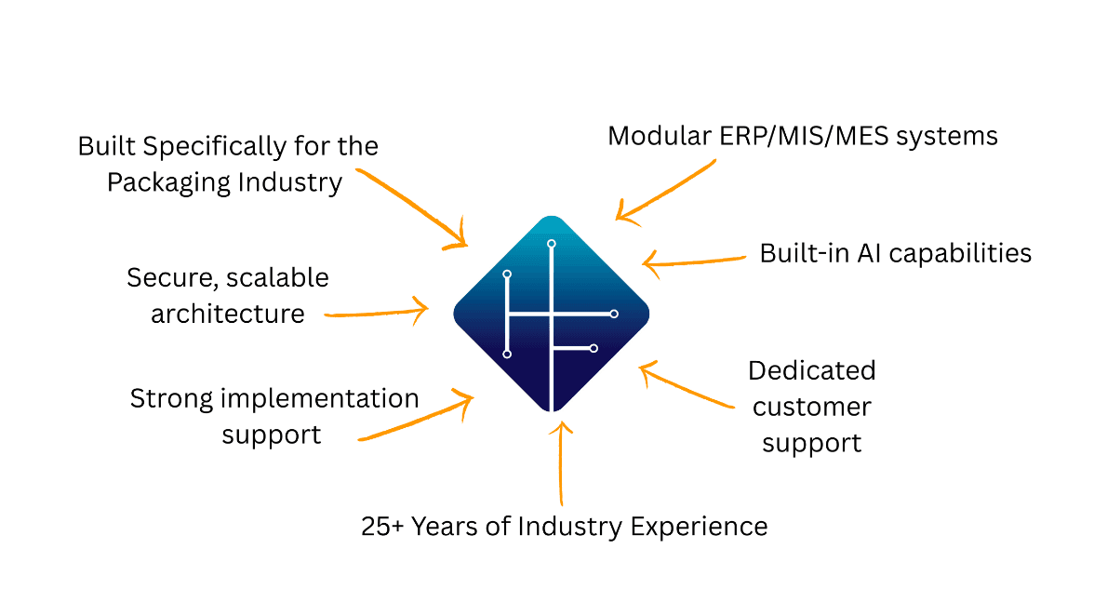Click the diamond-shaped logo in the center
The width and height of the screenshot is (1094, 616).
(551, 314)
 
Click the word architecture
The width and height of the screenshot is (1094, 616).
(228, 314)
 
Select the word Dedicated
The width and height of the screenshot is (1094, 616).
(812, 370)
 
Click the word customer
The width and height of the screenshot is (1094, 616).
(812, 407)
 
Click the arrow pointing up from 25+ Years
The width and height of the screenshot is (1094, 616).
(561, 465)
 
